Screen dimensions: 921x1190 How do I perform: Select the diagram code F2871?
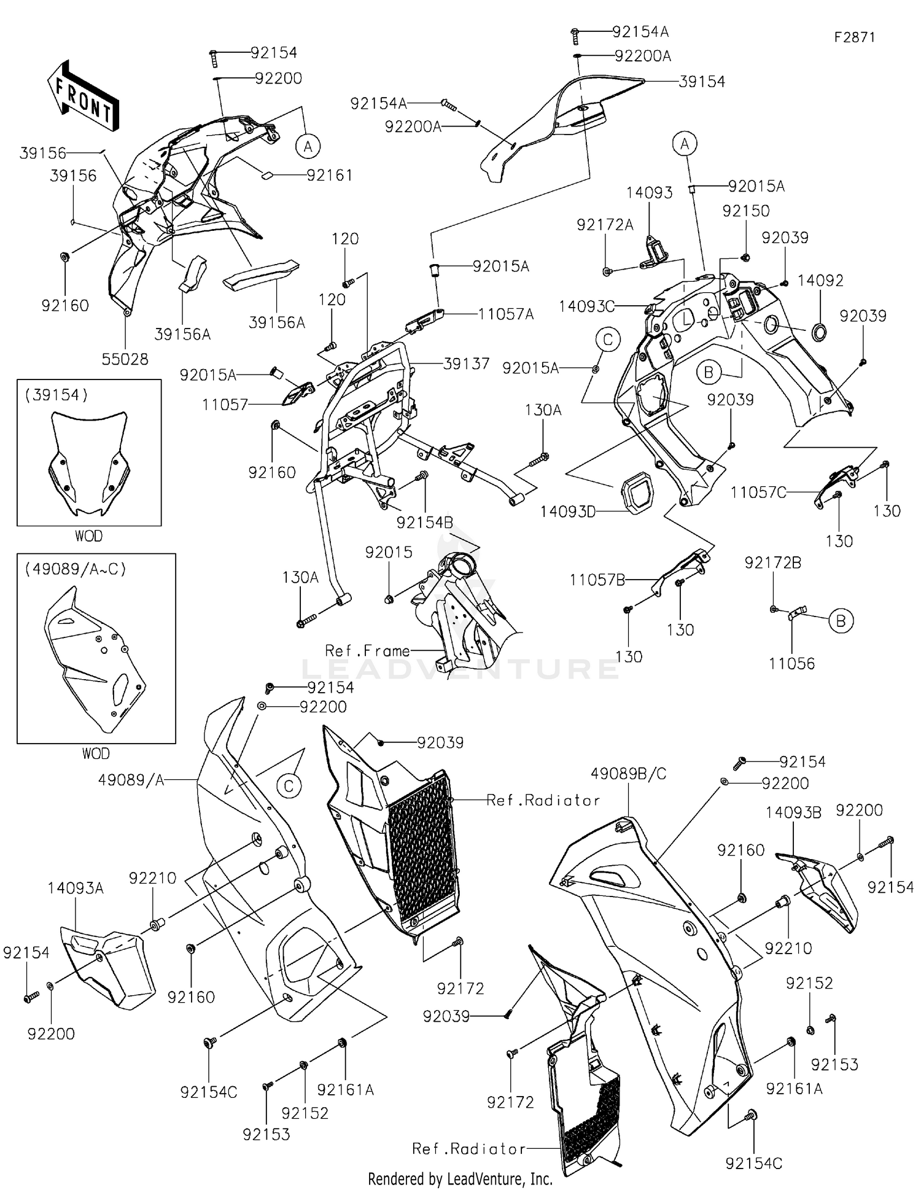854,37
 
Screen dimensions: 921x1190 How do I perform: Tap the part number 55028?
125,359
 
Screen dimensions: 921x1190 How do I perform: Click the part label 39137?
467,364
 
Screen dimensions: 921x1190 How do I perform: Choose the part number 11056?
791,663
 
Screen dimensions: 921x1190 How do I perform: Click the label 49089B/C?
628,774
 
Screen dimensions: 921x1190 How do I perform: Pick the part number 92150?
746,211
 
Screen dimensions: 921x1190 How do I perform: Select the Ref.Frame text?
367,650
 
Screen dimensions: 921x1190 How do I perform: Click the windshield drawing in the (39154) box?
89,464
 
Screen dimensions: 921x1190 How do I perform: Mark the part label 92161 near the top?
330,176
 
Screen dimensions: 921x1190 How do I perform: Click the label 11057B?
597,580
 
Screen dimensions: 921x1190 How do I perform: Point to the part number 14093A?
76,889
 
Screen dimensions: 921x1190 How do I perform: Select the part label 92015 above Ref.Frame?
389,553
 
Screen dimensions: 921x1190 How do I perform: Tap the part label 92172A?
605,225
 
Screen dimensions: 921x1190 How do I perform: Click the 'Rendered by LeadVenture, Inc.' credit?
460,1179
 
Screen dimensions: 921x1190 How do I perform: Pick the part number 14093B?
793,813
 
